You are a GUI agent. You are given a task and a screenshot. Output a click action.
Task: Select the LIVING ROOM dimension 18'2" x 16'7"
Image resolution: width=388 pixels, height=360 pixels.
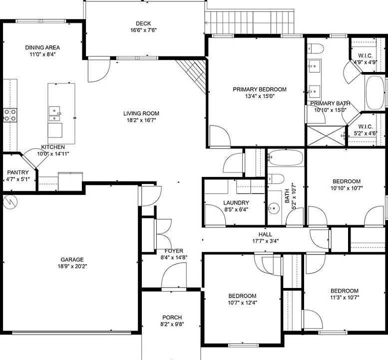click(141, 120)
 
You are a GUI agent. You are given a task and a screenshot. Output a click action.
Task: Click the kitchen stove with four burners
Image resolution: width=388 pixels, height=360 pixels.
click(10, 115)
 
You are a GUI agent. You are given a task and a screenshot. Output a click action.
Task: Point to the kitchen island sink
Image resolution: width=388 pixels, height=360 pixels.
click(54, 114)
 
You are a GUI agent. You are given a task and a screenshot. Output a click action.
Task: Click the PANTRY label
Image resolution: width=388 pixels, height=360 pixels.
click(17, 172)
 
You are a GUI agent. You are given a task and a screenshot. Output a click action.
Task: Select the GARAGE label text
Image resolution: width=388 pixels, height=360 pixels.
click(72, 259)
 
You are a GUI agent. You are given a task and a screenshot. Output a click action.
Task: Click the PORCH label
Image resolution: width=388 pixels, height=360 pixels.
click(172, 317)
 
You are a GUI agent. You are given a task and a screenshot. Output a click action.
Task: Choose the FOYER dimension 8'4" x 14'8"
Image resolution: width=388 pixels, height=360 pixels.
click(171, 258)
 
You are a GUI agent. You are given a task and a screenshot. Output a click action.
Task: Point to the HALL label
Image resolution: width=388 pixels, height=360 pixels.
click(265, 233)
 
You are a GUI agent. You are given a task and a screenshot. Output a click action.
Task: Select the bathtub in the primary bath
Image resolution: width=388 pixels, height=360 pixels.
click(375, 93)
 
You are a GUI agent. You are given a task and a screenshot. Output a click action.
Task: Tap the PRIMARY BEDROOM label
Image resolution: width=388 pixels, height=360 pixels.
click(260, 89)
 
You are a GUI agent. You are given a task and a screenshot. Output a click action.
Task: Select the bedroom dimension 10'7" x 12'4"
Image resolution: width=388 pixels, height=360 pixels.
click(242, 302)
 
